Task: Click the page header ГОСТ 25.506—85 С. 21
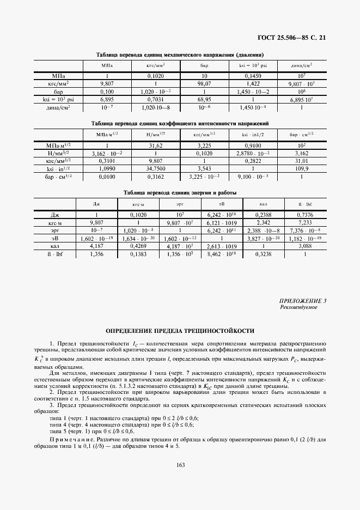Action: point(295,38)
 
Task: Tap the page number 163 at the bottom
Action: point(180,464)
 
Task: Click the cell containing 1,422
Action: point(253,84)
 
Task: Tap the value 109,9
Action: point(301,169)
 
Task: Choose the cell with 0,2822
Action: point(253,161)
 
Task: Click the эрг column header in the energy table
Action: point(180,204)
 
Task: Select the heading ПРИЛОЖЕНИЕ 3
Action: point(300,301)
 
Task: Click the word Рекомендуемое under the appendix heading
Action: point(298,307)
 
